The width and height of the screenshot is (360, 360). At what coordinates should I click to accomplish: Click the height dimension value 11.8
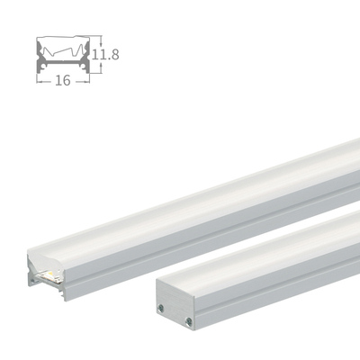tap(107, 54)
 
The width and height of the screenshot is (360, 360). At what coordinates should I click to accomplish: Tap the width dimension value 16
tap(63, 79)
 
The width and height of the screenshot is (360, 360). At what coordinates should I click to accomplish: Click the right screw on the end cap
tap(190, 321)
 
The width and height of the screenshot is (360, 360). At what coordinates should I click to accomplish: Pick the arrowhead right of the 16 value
tap(89, 79)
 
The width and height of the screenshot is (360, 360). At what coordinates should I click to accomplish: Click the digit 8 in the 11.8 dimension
tap(115, 54)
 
